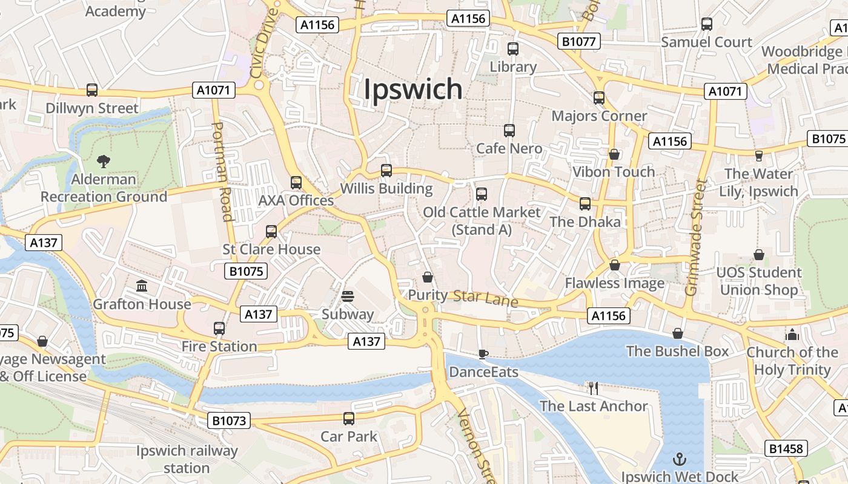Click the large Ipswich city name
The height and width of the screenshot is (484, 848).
(413, 90)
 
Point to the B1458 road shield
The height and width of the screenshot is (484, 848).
(786, 448)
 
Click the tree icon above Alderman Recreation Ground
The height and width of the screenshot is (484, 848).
(104, 162)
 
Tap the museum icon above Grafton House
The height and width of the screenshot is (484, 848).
(142, 286)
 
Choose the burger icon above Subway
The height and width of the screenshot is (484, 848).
(348, 296)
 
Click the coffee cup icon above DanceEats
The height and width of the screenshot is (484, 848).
(483, 354)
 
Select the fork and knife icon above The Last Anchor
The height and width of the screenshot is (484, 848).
(594, 388)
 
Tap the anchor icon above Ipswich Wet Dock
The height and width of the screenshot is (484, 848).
(680, 459)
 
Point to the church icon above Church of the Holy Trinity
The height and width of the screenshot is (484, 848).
(792, 334)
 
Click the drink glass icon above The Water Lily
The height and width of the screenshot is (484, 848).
(758, 156)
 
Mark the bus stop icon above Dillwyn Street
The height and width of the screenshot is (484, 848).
(92, 90)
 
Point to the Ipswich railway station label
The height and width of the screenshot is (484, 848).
(187, 459)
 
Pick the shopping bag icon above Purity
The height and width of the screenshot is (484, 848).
(428, 277)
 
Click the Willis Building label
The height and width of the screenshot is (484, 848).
(386, 189)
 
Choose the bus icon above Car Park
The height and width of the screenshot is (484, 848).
(349, 418)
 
